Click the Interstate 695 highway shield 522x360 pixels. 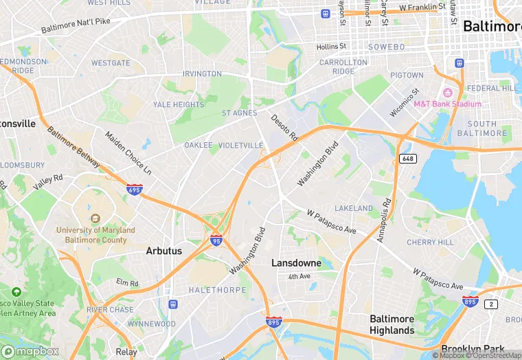click(135, 189)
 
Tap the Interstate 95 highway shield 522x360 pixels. click(216, 240)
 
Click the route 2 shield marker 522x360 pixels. click(491, 304)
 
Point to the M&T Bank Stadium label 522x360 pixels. click(447, 104)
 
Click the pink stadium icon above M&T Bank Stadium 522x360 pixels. click(448, 93)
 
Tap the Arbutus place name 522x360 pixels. click(164, 251)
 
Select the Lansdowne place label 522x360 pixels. click(296, 262)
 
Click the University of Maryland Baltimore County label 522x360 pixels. click(96, 235)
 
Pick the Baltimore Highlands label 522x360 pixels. click(392, 324)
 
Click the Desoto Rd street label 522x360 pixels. click(283, 127)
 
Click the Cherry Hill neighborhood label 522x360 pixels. click(430, 243)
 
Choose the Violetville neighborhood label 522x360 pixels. click(240, 146)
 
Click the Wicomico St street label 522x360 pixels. click(405, 102)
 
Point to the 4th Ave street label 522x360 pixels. click(299, 276)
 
